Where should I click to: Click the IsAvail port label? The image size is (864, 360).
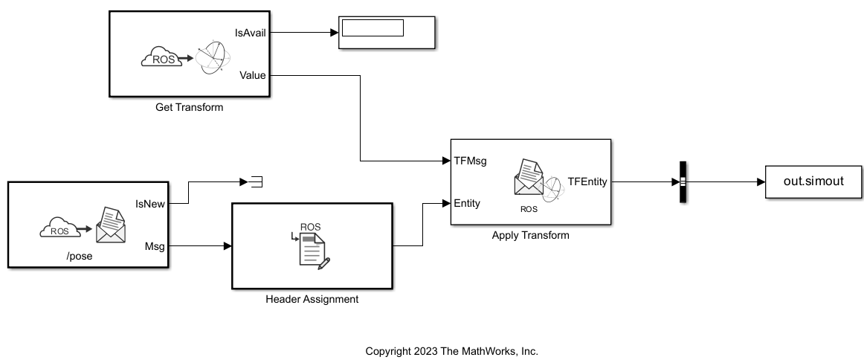pyautogui.click(x=250, y=32)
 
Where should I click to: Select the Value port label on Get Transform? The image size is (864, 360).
pyautogui.click(x=253, y=75)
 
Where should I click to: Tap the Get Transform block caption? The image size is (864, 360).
pyautogui.click(x=189, y=107)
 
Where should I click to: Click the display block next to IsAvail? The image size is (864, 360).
pyautogui.click(x=387, y=32)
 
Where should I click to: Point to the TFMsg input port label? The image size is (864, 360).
pyautogui.click(x=470, y=160)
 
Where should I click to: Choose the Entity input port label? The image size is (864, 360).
pyautogui.click(x=467, y=203)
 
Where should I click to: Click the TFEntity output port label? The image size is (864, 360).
pyautogui.click(x=587, y=181)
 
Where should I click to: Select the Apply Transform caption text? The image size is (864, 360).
pyautogui.click(x=530, y=236)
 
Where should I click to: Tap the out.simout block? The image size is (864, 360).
pyautogui.click(x=813, y=181)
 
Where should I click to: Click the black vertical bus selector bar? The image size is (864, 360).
pyautogui.click(x=682, y=181)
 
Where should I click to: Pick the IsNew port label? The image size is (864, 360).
pyautogui.click(x=149, y=203)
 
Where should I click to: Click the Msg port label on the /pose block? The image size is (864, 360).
pyautogui.click(x=155, y=245)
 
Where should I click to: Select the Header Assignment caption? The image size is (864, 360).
pyautogui.click(x=312, y=299)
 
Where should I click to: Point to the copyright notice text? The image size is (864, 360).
pyautogui.click(x=451, y=351)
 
